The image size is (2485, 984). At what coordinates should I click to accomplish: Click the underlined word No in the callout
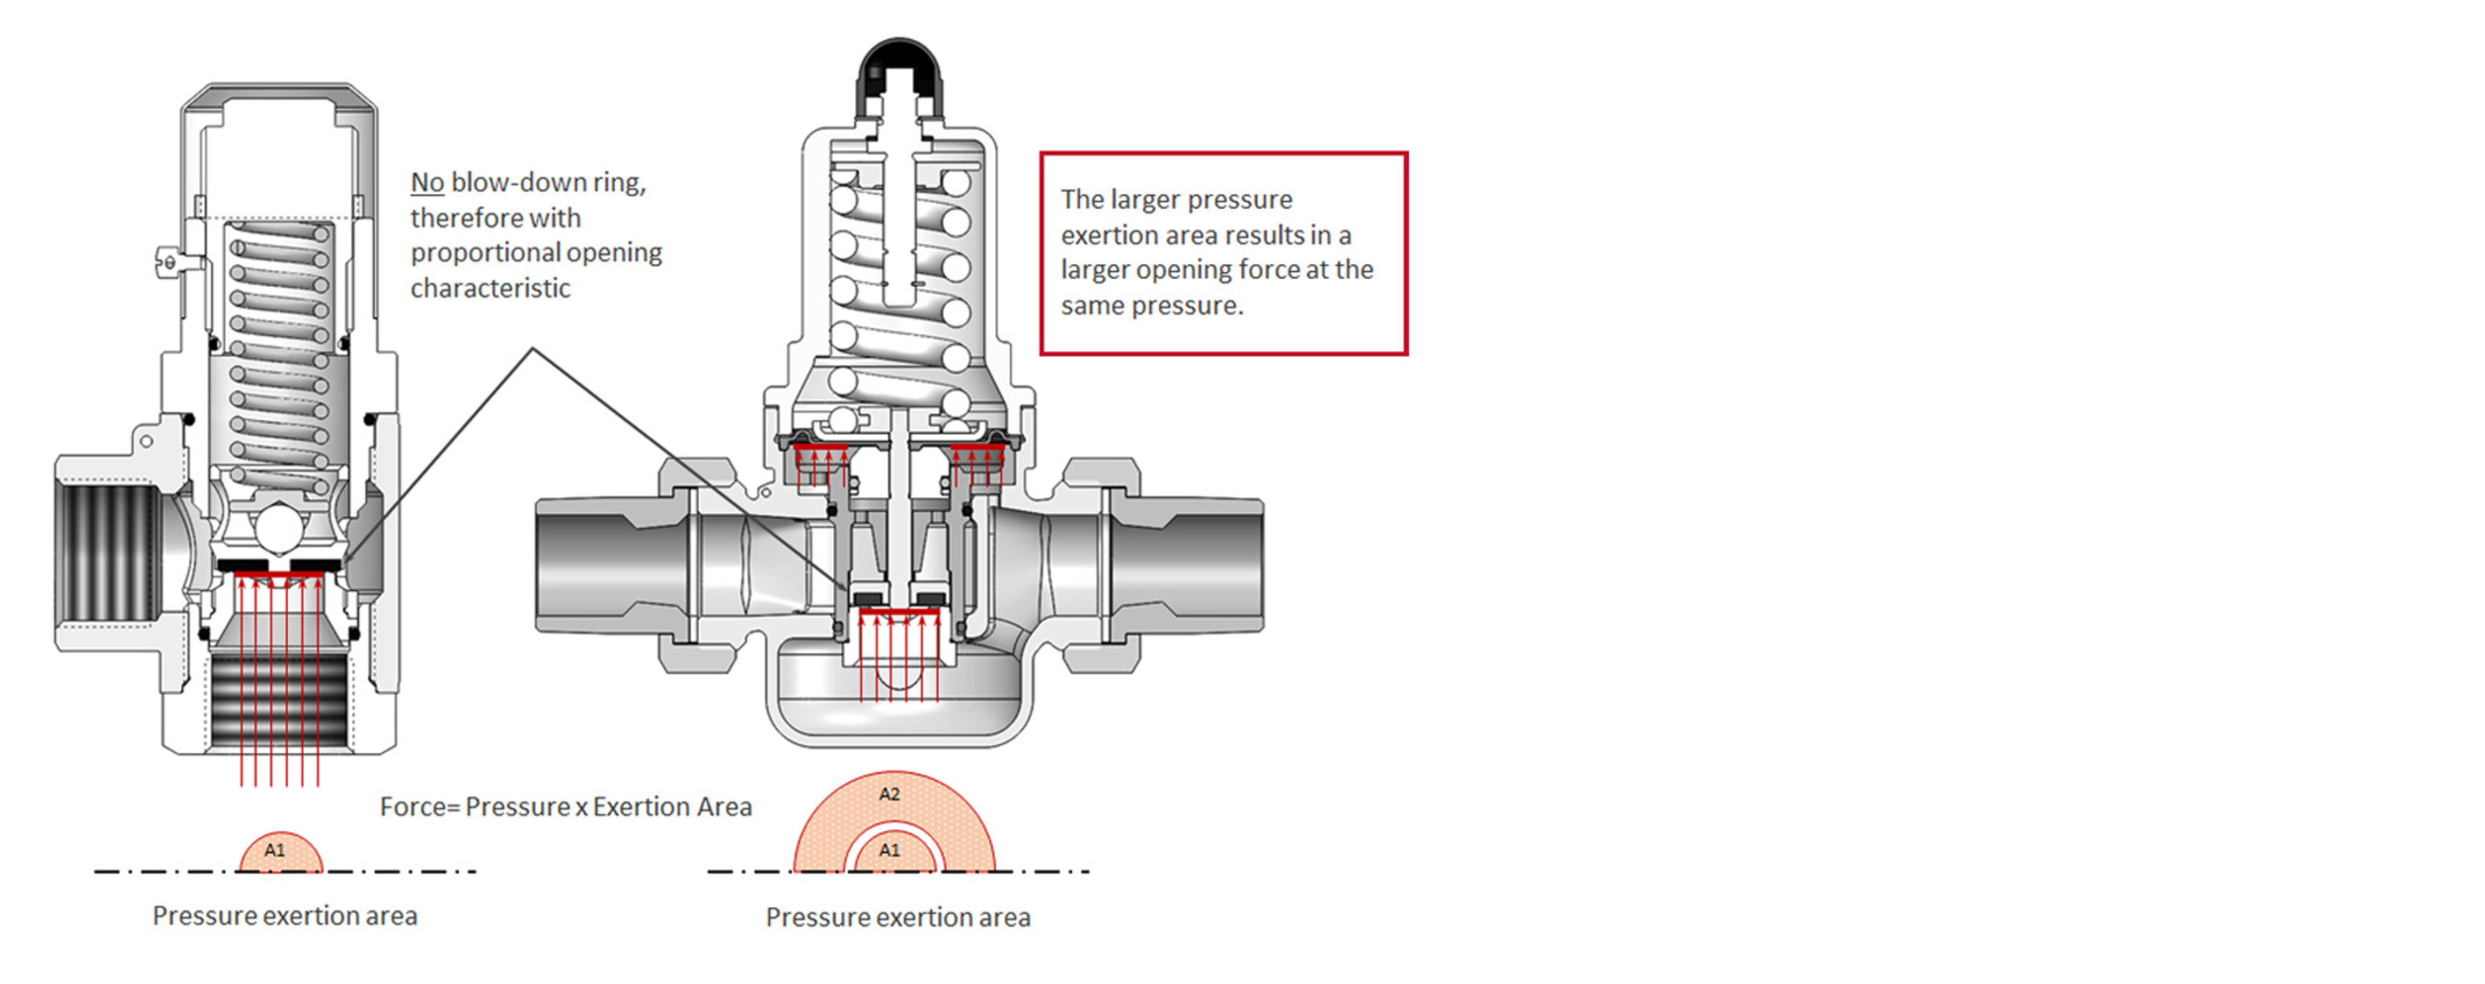click(x=427, y=183)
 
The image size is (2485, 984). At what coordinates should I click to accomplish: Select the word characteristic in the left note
click(x=490, y=289)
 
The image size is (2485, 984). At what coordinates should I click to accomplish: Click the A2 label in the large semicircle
click(x=889, y=794)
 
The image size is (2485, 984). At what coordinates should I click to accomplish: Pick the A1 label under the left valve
click(x=275, y=850)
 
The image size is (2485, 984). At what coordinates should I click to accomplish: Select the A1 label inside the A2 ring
click(x=889, y=850)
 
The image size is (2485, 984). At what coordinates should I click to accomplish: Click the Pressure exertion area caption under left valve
click(x=285, y=915)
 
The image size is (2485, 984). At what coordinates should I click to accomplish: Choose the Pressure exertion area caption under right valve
click(x=898, y=917)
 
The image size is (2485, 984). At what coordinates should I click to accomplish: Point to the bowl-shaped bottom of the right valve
click(x=898, y=709)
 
